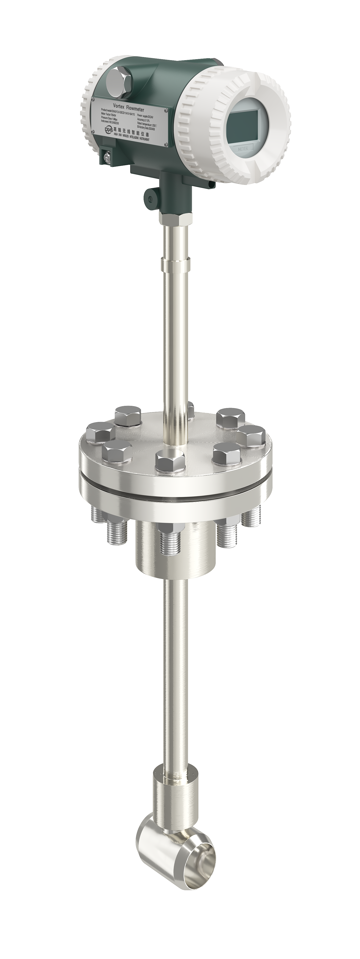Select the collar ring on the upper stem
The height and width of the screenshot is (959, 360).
coord(176,264)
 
